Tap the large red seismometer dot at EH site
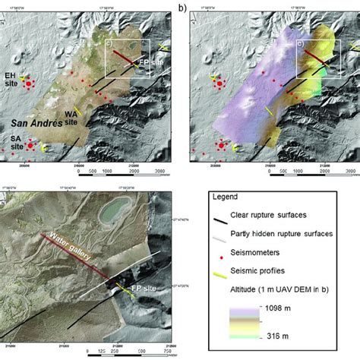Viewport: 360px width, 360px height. (x=30, y=84)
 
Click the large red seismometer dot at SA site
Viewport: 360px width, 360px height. (x=28, y=146)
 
